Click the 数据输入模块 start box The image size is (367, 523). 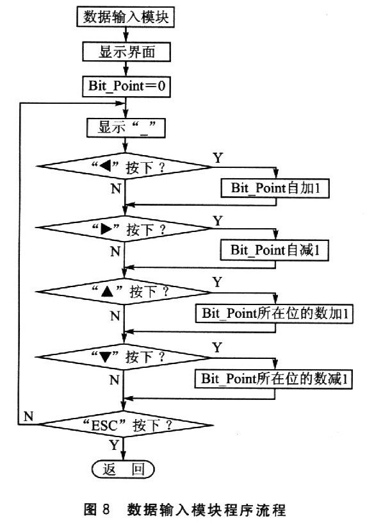tap(126, 17)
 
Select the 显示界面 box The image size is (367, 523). tap(126, 52)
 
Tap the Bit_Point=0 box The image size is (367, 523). tap(126, 87)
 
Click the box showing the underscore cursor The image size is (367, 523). tap(126, 128)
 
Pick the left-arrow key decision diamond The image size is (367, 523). tap(124, 167)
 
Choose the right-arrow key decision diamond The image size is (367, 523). tap(124, 229)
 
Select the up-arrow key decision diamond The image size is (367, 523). tap(124, 292)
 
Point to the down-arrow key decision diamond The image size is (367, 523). tap(123, 357)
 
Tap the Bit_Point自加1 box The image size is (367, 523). tap(275, 188)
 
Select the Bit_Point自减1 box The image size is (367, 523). tap(274, 250)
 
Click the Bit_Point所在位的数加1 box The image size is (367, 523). tap(274, 313)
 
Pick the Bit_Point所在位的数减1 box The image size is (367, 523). tap(273, 379)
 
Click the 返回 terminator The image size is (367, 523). tap(123, 469)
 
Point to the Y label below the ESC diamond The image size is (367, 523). tap(114, 445)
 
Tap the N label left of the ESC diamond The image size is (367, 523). tap(29, 416)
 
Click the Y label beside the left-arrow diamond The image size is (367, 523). tap(218, 158)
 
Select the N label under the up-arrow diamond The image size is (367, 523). tap(115, 315)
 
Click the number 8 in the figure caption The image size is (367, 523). tap(106, 510)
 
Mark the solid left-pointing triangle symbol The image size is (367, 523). tap(105, 166)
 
